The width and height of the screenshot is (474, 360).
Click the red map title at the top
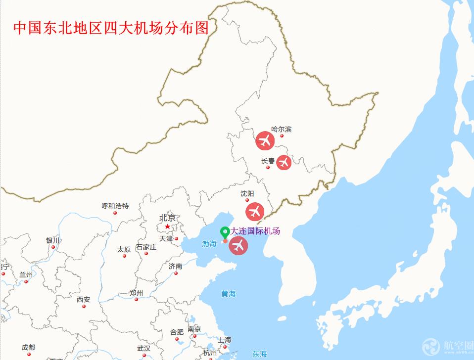pos(111,27)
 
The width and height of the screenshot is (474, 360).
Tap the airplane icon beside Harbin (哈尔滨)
pos(265,140)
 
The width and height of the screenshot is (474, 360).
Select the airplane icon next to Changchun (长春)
pos(284,162)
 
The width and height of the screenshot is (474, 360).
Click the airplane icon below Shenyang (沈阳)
pos(255,211)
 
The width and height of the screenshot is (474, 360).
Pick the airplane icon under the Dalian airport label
pos(238,245)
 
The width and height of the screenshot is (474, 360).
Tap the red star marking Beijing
pos(167,226)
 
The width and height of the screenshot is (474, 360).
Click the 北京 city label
pos(167,218)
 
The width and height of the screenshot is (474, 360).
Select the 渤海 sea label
pos(209,244)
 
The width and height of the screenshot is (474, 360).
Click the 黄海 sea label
pos(229,294)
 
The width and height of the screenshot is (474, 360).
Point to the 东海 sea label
pos(259,354)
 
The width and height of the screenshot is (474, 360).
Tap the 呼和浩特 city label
pos(115,206)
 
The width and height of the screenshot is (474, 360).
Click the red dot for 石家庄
pos(146,254)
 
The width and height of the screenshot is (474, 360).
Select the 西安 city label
pos(84,299)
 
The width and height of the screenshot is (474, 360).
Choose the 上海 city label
pos(224,340)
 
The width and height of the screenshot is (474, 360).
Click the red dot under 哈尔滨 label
pos(282,135)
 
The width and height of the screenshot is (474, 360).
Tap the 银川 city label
pos(53,240)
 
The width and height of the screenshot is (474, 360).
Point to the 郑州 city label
pos(136,293)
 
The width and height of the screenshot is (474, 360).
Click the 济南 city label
pos(175,266)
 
